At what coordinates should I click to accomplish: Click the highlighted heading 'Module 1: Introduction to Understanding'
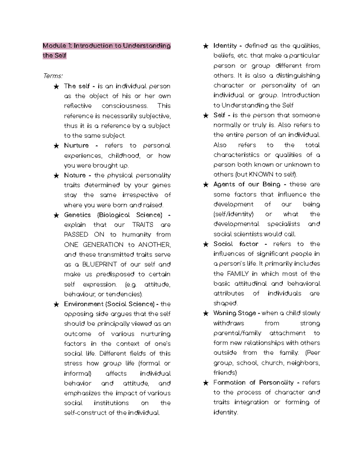click(106, 46)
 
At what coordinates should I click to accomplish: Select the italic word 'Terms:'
click(53, 76)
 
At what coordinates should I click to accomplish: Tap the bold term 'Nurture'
click(76, 146)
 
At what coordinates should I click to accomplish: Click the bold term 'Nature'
click(75, 175)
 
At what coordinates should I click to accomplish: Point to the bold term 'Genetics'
click(77, 215)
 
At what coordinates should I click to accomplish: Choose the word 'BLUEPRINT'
click(100, 265)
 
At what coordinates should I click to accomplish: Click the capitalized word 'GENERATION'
click(103, 245)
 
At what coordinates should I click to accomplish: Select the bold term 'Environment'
click(83, 304)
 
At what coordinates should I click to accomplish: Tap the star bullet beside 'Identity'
click(206, 46)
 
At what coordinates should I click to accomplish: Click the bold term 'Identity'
click(225, 46)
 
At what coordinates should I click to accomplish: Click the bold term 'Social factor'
click(236, 244)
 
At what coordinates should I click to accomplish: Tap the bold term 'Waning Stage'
click(234, 313)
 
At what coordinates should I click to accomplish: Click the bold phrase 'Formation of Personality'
click(253, 383)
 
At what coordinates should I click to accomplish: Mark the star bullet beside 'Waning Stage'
click(206, 313)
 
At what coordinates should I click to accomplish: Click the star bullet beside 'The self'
click(56, 87)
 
